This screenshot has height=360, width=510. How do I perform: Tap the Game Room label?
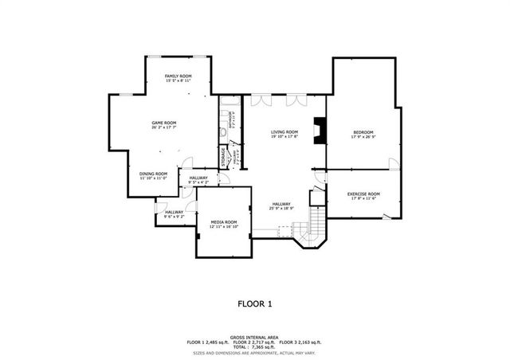(163, 123)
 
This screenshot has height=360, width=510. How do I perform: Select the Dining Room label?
(154, 173)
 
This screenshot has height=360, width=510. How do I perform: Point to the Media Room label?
(224, 221)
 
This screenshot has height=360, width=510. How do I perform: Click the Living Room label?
(284, 131)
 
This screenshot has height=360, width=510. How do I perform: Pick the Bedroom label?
(363, 131)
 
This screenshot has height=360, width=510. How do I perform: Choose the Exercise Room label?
(363, 194)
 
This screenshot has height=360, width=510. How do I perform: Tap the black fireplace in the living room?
(318, 130)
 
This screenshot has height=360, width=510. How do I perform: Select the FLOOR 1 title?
(255, 303)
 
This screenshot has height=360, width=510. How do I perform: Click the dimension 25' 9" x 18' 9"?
(281, 209)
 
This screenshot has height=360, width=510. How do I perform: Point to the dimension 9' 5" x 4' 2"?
(198, 182)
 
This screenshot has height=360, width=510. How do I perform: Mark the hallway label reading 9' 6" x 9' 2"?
(174, 216)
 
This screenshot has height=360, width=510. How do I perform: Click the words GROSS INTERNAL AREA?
(255, 337)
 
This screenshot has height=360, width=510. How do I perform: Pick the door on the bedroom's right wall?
(393, 163)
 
